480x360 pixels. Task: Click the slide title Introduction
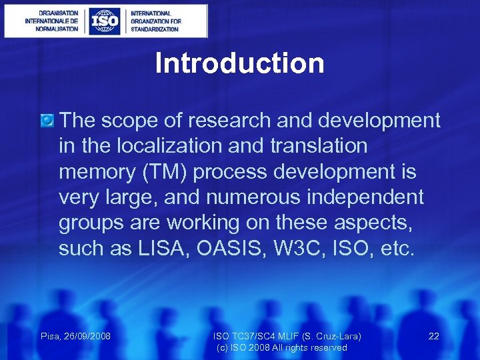[239, 63]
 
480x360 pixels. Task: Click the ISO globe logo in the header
[105, 21]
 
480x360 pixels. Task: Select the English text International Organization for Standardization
[155, 21]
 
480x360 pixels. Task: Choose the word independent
[367, 197]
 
